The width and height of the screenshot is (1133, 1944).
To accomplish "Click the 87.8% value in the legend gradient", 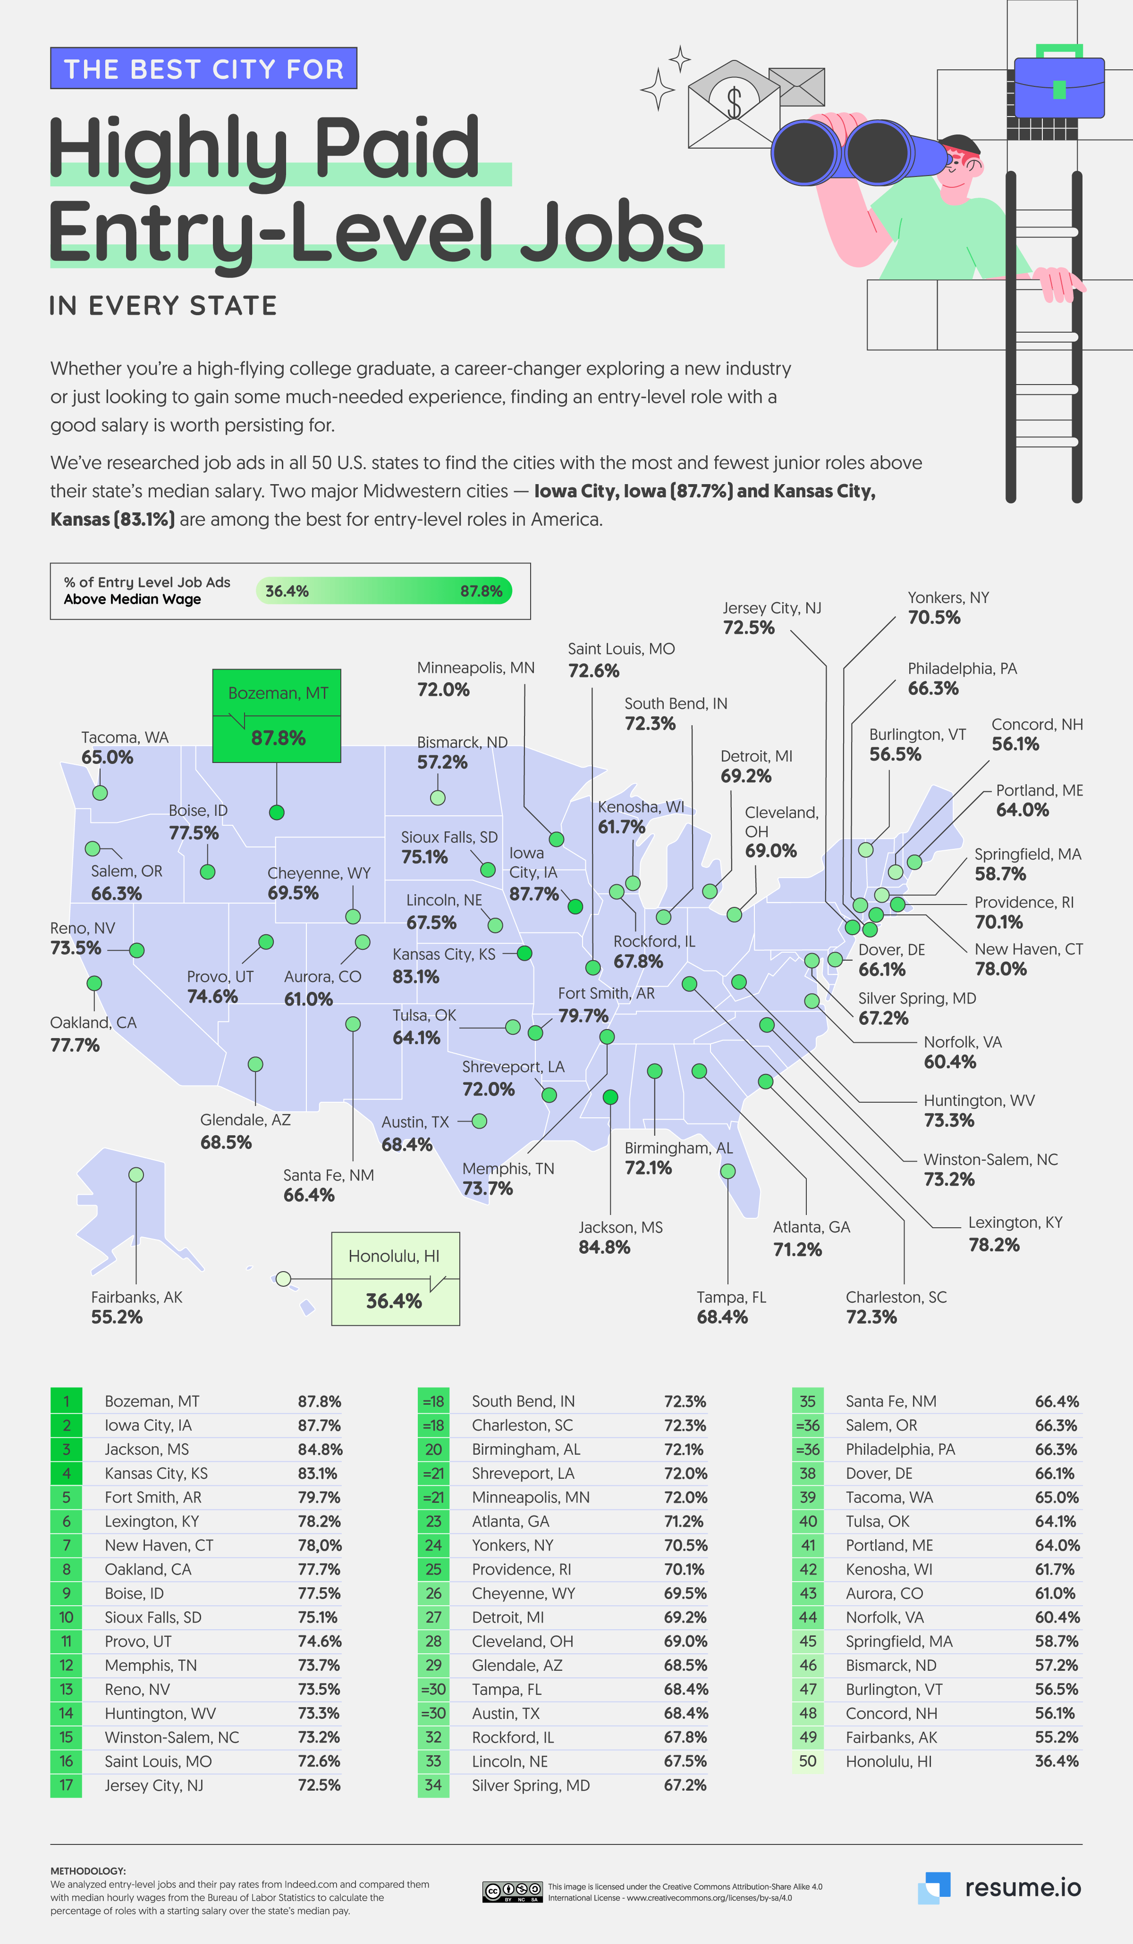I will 481,591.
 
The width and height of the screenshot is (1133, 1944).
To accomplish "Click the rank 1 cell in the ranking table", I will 67,1401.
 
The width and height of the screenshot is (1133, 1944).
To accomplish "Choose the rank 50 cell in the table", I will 807,1761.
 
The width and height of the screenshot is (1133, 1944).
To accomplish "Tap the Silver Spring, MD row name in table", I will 530,1785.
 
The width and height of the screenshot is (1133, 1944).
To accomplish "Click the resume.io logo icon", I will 934,1887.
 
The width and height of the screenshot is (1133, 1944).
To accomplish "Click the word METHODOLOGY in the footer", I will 88,1871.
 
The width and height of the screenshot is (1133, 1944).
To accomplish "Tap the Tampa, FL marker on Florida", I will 727,1171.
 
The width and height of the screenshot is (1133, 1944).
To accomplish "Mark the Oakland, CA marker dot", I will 94,983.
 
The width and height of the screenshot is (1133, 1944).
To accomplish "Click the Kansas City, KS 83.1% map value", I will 415,977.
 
